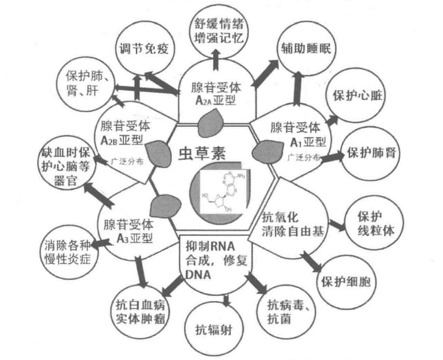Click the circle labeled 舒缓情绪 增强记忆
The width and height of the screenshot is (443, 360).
(219, 30)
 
